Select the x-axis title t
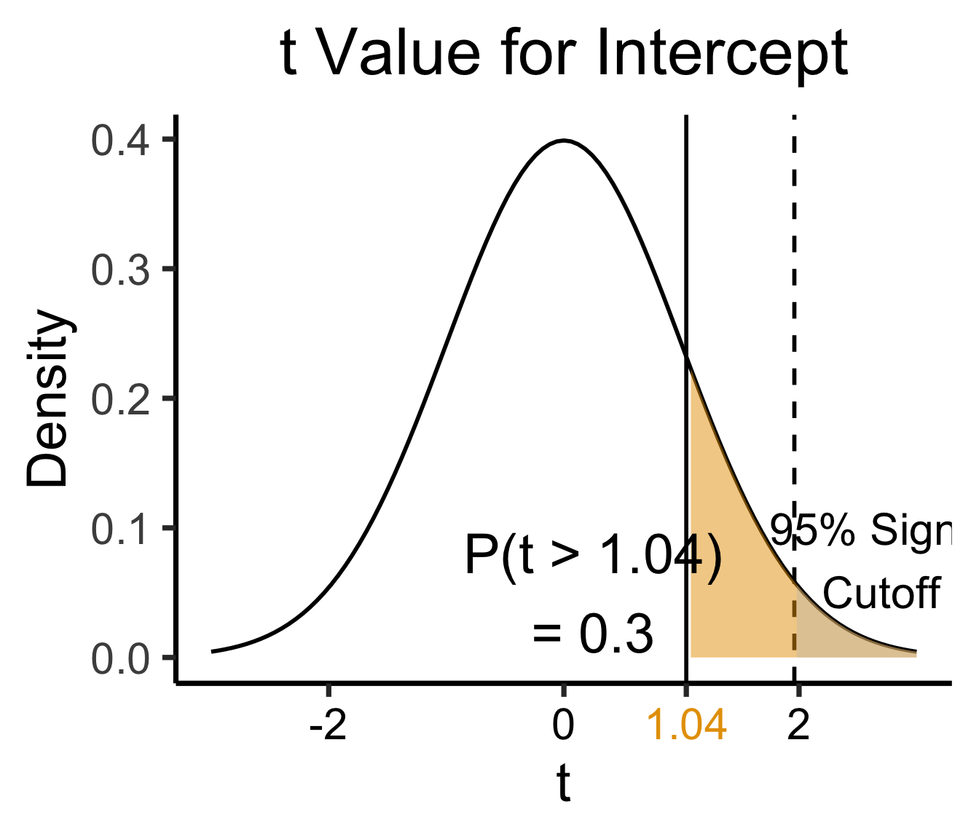tap(564, 784)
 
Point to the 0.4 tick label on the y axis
tap(120, 141)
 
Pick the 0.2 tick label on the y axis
tap(120, 400)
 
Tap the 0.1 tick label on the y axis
tap(120, 529)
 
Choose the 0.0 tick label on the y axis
tap(120, 659)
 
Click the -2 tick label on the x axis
tap(328, 725)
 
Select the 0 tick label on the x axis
tap(563, 725)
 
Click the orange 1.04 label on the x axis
tap(687, 725)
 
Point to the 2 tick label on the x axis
tap(799, 725)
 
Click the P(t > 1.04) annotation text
tap(593, 558)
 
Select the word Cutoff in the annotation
tap(881, 593)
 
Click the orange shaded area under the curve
tap(728, 583)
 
